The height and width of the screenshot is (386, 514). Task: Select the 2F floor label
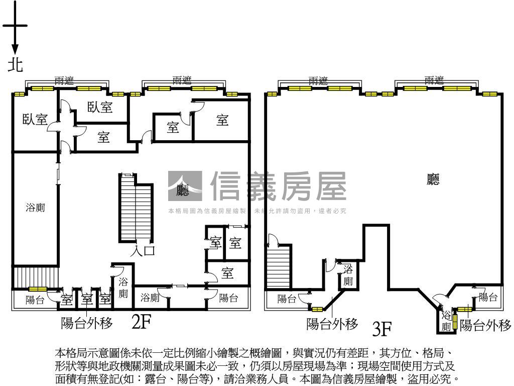coord(142,322)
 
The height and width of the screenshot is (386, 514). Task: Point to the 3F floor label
coord(382,329)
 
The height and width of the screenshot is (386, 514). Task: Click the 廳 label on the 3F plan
coord(433,180)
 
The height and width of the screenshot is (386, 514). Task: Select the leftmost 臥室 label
coord(35,120)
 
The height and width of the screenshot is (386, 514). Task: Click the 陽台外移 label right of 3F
coord(485,325)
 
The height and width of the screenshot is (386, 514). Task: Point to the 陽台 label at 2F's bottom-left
coord(35,301)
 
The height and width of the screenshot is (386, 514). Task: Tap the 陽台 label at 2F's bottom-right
coord(229,298)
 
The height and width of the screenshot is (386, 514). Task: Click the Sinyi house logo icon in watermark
coord(185,186)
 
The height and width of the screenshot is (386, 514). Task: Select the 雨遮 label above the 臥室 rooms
coord(66,81)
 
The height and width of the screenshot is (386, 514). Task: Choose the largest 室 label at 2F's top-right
coord(222,121)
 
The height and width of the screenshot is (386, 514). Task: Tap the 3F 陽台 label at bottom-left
coord(287,300)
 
